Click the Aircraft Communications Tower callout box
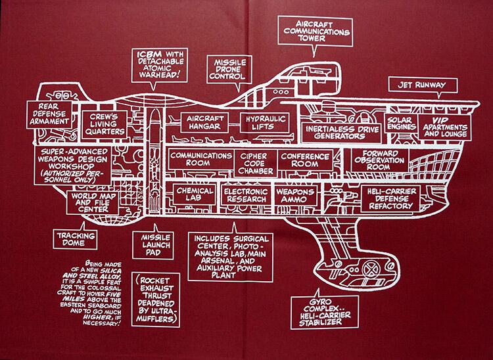point(315,32)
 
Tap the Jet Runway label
point(423,85)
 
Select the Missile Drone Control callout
point(229,70)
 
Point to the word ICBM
point(150,54)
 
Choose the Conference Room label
point(305,160)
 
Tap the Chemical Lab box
point(195,194)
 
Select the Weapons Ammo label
point(296,195)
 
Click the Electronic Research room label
point(246,195)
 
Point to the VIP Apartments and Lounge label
point(444,127)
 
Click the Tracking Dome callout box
point(76,239)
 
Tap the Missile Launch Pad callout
point(153,245)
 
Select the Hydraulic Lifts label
point(264,123)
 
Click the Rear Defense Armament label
point(49,114)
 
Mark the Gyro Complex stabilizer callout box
point(325,313)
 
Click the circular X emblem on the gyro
point(371,269)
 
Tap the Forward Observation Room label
point(379,160)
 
